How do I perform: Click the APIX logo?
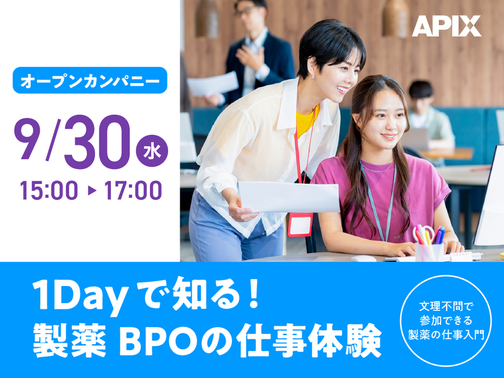pos(446,26)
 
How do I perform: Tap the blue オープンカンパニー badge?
pos(89,81)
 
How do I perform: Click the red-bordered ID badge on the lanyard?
pos(300,224)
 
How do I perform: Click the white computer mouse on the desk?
pos(364,258)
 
